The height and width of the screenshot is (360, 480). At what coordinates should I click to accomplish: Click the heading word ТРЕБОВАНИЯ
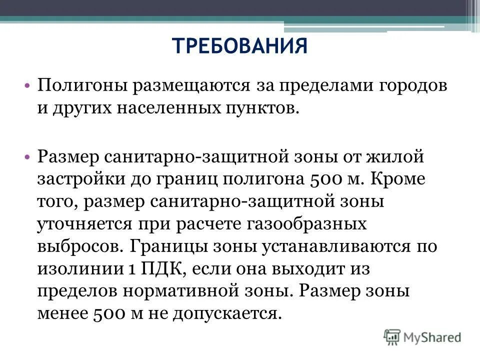[x=240, y=46]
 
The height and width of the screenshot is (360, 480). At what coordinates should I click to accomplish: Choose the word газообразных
[x=306, y=224]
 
